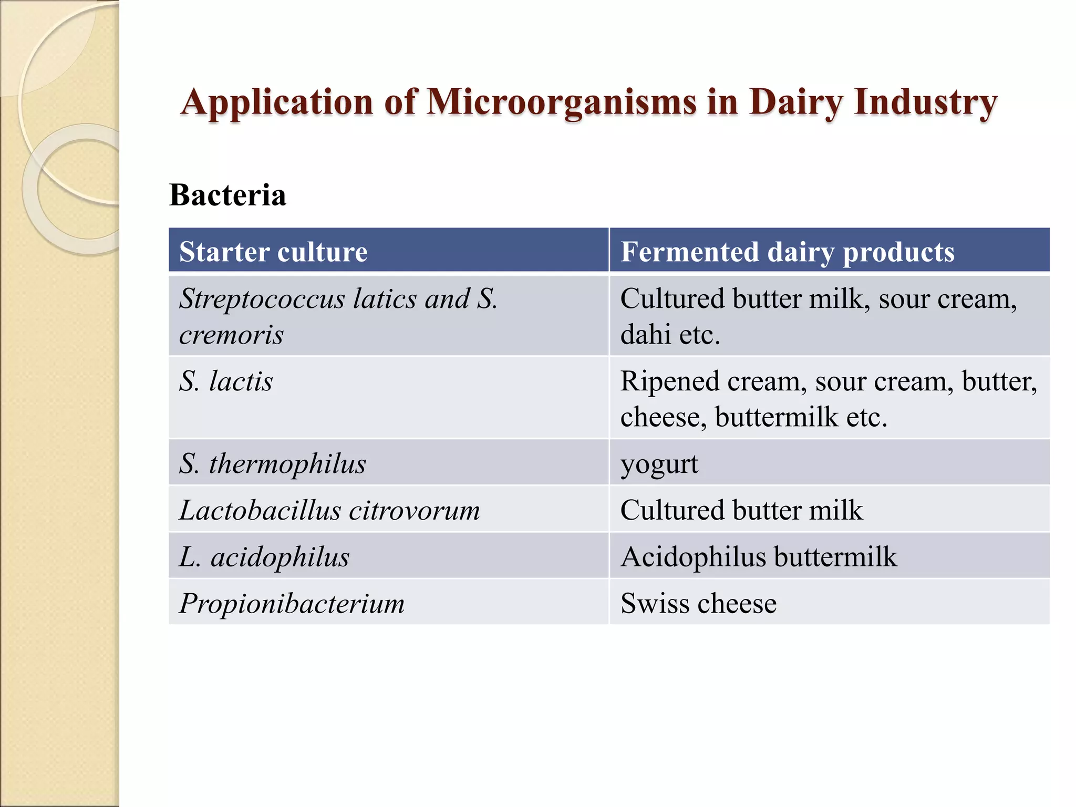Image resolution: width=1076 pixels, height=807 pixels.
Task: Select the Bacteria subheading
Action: (227, 195)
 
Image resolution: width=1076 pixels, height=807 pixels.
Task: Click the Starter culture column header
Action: (273, 251)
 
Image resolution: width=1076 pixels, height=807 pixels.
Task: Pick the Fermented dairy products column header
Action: (787, 251)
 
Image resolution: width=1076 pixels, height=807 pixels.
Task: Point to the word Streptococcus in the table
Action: (262, 299)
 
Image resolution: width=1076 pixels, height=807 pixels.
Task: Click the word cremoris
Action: (231, 335)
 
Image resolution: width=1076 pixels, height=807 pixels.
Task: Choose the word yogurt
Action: (659, 464)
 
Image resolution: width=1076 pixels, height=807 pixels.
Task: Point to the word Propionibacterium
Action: (292, 603)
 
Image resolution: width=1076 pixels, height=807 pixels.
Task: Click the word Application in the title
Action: (276, 102)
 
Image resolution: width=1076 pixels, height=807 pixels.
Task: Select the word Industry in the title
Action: (925, 102)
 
